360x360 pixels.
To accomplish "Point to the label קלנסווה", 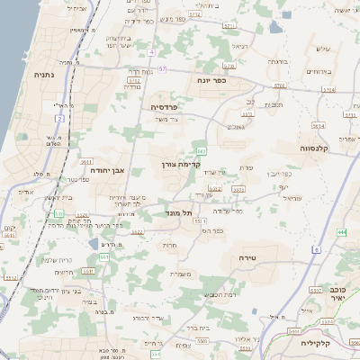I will (x=319, y=148).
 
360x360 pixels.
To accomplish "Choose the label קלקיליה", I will (x=340, y=342).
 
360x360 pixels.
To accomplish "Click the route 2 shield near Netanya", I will (x=60, y=117).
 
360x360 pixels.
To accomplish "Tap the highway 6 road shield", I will (x=317, y=249).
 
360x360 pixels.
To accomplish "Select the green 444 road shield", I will (x=342, y=233).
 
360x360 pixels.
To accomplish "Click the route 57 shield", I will (x=162, y=68).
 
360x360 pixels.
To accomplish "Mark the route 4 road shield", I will (x=152, y=52).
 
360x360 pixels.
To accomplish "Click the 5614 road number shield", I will (x=316, y=125).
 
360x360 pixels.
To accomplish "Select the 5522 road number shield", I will (x=137, y=232).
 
